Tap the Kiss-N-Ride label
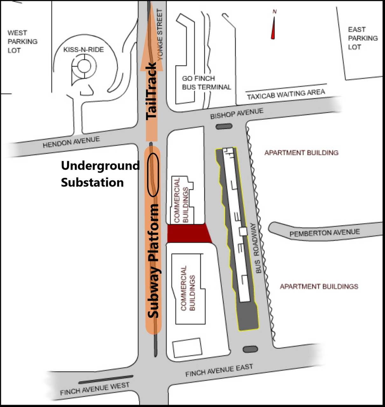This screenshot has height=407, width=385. tap(83, 50)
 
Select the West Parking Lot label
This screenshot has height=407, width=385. tap(22, 42)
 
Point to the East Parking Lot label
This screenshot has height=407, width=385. tap(363, 38)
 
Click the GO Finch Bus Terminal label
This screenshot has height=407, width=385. tap(206, 83)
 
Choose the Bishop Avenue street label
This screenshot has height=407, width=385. tap(237, 113)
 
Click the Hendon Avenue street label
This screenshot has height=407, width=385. tap(71, 142)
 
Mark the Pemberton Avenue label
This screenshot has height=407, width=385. tap(325, 233)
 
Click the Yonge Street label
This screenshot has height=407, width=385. tap(160, 35)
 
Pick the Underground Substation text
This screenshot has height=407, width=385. tap(100, 174)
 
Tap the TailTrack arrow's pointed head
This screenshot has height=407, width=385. tap(151, 2)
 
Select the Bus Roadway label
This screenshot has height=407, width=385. tap(256, 248)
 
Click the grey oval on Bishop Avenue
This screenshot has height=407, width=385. tap(224, 126)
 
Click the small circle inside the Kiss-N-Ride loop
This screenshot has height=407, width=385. tap(84, 66)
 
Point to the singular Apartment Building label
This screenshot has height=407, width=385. tap(302, 153)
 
